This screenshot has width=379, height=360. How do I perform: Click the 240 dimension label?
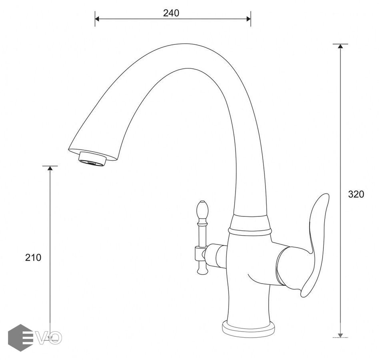point(171,13)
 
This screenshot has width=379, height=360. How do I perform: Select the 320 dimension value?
point(356,194)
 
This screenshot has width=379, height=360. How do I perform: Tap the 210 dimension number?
point(33,258)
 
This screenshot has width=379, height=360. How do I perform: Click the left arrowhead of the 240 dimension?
point(97,19)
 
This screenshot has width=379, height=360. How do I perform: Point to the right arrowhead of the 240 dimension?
point(249,19)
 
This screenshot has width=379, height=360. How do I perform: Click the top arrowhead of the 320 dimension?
point(340,46)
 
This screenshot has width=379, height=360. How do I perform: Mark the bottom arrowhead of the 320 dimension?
point(340,335)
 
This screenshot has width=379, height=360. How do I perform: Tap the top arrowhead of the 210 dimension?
point(50,168)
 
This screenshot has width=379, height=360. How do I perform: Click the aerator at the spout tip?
point(92,159)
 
